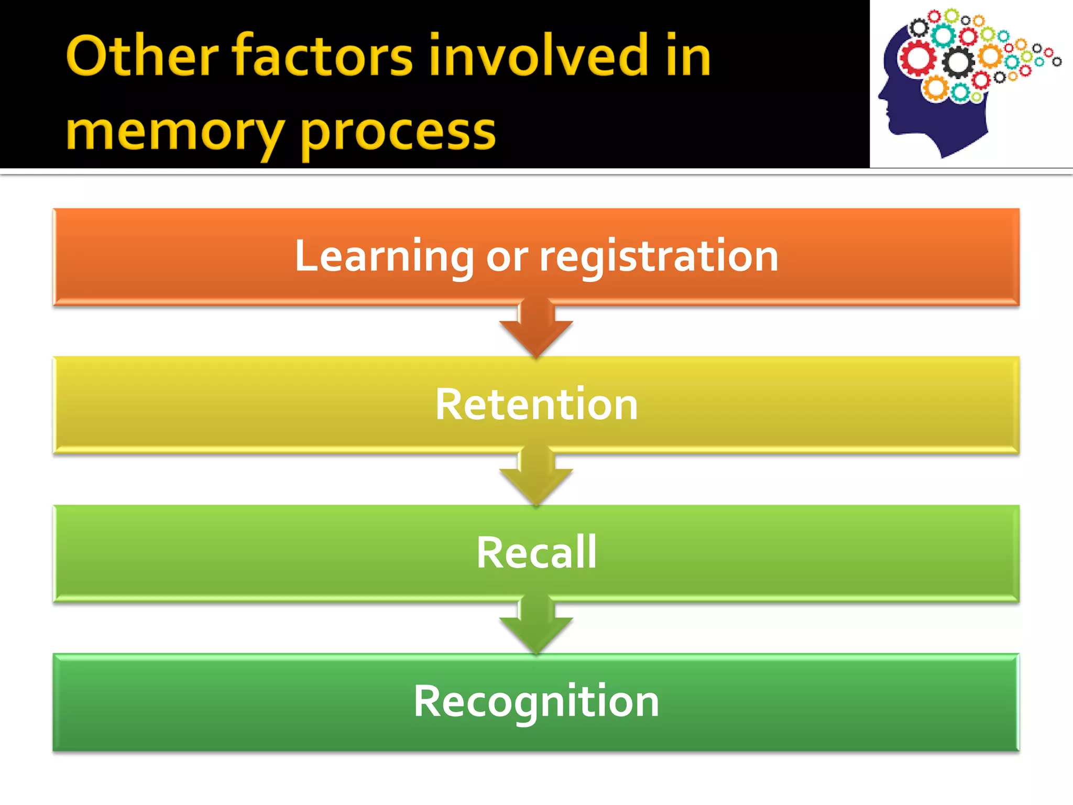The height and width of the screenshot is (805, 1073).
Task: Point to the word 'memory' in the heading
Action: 175,132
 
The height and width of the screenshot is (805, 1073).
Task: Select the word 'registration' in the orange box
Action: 659,256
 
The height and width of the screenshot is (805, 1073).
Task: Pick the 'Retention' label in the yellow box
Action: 536,404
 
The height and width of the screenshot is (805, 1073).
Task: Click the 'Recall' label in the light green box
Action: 536,552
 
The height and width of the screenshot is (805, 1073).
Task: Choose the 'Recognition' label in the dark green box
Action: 536,701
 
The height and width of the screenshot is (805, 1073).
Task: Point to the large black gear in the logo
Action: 958,62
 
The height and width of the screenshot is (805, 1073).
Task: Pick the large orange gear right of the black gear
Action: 991,56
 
